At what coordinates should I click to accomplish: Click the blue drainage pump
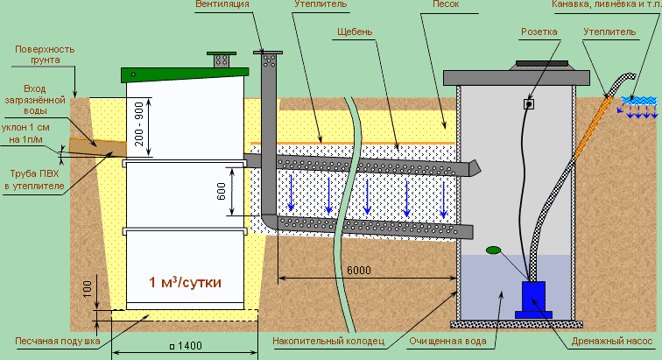coord(533,300)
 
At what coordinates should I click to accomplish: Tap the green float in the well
coord(493,251)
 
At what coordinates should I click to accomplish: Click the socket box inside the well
coord(529,103)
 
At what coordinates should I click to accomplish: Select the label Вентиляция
coord(222,4)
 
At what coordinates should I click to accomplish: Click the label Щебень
coord(355,32)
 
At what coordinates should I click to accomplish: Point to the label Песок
coord(446,4)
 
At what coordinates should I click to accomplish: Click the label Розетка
coord(539,32)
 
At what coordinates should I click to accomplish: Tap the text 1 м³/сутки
coord(185,282)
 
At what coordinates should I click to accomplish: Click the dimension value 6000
coord(359,270)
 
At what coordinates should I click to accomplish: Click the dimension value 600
coord(222,192)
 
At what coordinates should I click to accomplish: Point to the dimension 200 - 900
coord(139,124)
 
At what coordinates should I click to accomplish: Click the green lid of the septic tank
coord(185,74)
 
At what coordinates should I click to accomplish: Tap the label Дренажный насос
coord(612,341)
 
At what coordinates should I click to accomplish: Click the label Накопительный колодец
coord(328,341)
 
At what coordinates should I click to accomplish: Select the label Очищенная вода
coord(447,341)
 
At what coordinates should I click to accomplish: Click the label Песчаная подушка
coord(58,341)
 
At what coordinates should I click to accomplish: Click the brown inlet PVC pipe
coord(97,147)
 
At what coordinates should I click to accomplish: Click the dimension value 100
coord(88,289)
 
